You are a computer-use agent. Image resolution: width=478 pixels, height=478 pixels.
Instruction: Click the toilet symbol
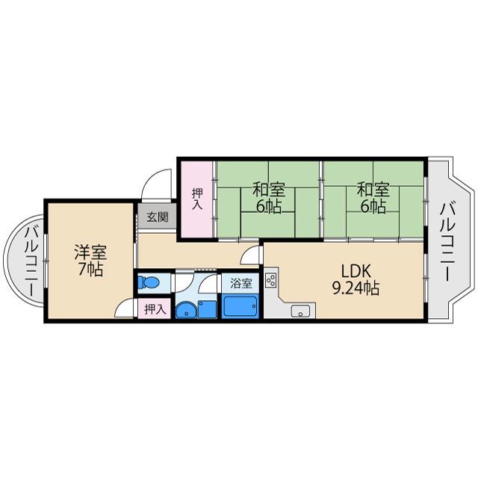coord(149,284)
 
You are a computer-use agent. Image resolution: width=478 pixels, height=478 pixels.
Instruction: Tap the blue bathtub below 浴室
coord(240,307)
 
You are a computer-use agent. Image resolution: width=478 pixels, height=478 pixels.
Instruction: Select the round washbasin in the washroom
coord(184,309)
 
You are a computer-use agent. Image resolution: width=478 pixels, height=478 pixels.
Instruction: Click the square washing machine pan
coord(207,309)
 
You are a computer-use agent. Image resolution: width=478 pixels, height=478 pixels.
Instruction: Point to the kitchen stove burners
coord(270,282)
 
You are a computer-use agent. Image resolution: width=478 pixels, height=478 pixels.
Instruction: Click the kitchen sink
coord(302,311)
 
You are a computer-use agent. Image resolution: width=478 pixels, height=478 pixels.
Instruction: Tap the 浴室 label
coord(240,283)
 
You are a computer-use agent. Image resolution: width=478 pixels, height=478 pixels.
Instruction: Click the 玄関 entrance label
coord(157,218)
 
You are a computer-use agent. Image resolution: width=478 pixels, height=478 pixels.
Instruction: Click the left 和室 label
coord(267,189)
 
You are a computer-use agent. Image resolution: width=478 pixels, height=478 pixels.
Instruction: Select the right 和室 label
coord(372,189)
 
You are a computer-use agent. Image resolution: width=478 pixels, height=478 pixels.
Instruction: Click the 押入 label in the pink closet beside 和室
coord(196,197)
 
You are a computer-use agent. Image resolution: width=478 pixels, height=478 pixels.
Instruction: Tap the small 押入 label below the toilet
coord(154,309)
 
